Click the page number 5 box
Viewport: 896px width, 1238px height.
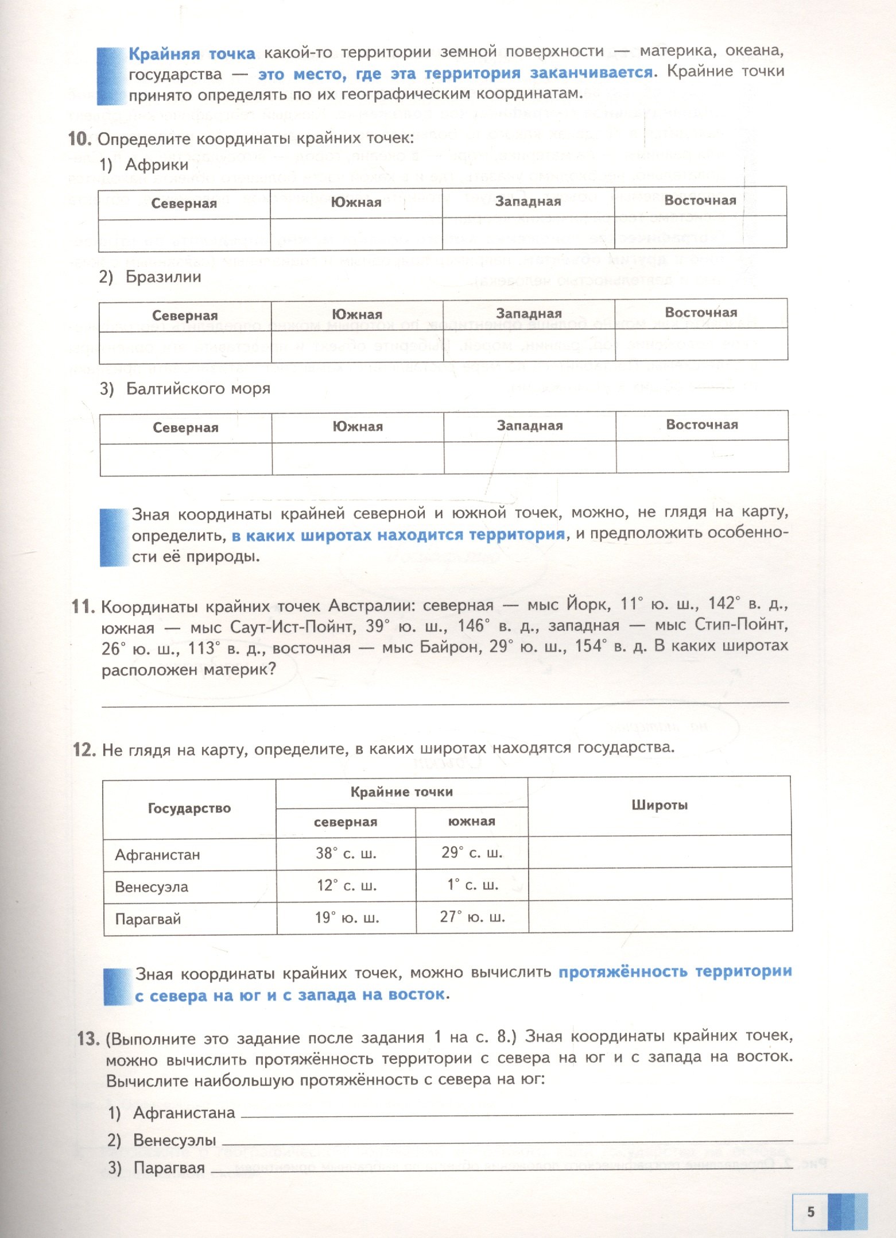pos(810,1212)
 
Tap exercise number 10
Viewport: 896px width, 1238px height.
pos(79,139)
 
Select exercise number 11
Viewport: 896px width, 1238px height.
pos(83,607)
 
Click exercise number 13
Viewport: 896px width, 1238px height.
pos(89,1039)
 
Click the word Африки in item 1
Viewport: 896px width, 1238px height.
pos(157,165)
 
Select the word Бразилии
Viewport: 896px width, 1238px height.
pos(164,277)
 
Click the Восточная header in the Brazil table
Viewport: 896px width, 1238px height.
pos(701,313)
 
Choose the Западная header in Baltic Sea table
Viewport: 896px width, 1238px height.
pos(530,426)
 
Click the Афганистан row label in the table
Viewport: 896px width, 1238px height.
pos(157,855)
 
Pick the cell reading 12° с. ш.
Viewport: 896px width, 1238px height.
pos(346,886)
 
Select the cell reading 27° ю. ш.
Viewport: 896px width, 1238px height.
pos(472,917)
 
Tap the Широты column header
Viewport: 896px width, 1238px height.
pos(660,805)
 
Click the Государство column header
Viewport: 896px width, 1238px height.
pos(189,808)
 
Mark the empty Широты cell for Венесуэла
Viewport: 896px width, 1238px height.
pos(660,885)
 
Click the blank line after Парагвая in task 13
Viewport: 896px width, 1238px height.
pos(499,1168)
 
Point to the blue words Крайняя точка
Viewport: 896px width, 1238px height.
pos(192,54)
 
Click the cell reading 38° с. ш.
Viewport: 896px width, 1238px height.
pos(346,854)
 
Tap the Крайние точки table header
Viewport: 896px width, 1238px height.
pos(402,792)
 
